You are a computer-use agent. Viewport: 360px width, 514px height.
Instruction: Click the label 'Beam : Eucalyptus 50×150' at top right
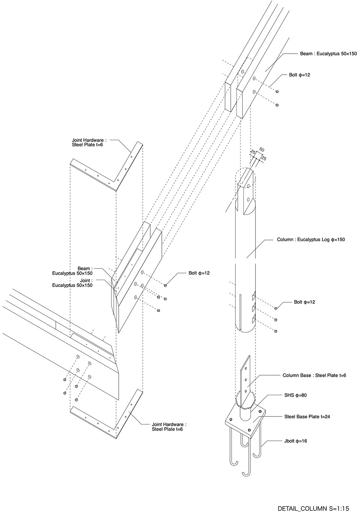tap(328, 54)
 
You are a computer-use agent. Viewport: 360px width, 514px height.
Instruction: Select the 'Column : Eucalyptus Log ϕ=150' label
tap(311, 239)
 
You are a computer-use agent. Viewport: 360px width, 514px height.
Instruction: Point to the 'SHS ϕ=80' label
tap(296, 395)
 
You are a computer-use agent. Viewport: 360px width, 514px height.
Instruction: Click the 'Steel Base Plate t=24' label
tap(307, 417)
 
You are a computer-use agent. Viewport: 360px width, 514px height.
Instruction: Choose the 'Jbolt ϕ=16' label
tap(296, 441)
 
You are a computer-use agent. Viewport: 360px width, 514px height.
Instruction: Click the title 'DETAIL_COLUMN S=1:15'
tap(313, 508)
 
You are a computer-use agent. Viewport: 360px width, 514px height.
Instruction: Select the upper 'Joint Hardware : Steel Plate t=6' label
tap(89, 142)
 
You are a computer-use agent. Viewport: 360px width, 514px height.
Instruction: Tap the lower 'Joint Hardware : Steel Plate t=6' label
tap(169, 427)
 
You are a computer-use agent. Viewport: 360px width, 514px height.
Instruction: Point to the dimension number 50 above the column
tap(261, 150)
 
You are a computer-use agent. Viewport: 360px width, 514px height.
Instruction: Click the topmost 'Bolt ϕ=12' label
tap(299, 75)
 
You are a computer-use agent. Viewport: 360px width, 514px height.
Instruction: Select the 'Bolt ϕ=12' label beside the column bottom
tap(304, 302)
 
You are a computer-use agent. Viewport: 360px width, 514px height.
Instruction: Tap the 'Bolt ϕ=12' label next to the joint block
tap(199, 273)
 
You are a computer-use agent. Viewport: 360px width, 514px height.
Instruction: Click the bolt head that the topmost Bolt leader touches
tap(277, 91)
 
